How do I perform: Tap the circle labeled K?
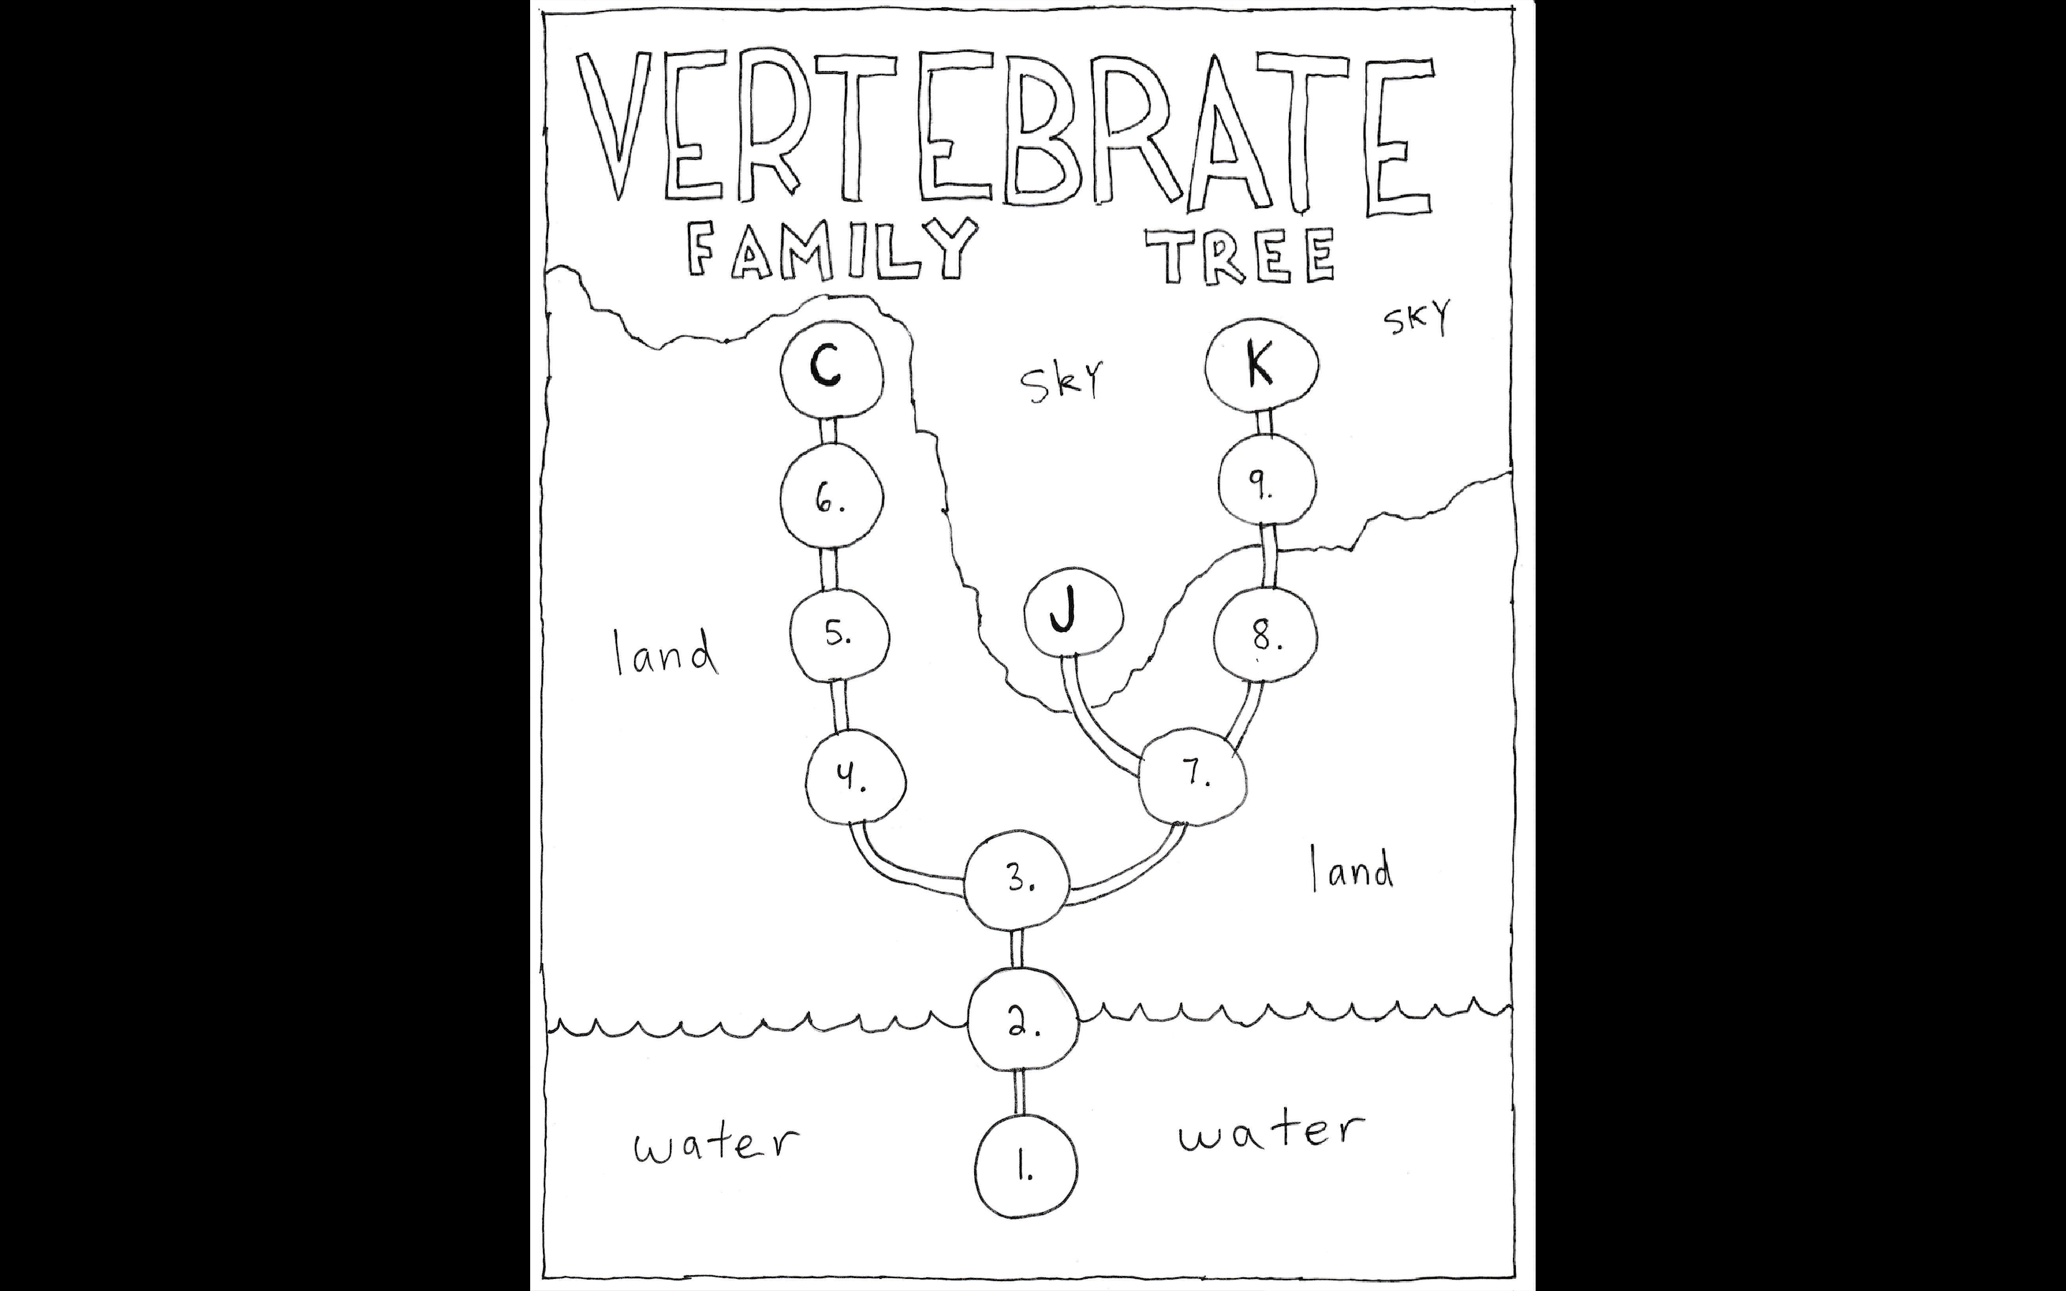pos(1261,366)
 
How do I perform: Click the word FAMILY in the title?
pos(830,250)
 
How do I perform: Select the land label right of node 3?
pos(1351,871)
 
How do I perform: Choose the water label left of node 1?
pos(715,1143)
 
